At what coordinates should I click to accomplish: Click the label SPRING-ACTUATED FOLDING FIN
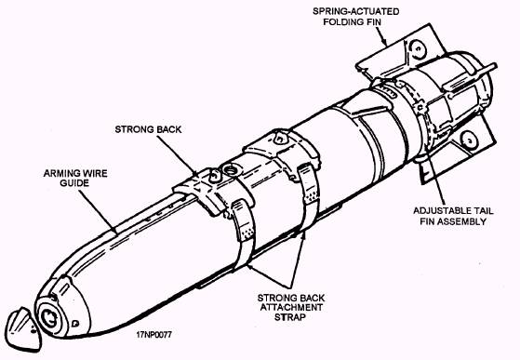[x=356, y=17]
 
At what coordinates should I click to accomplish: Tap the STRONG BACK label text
[x=148, y=129]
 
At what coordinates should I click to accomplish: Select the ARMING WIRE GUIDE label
[x=75, y=178]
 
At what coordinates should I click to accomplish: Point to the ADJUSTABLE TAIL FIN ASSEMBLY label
[x=453, y=216]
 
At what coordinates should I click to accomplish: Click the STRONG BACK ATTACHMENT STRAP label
[x=291, y=307]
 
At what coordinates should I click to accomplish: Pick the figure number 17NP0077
[x=153, y=335]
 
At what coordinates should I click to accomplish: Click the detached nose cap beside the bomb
[x=23, y=329]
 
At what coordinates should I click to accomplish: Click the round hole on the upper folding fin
[x=416, y=48]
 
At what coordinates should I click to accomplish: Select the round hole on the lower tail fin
[x=469, y=139]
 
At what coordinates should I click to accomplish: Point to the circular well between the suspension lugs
[x=230, y=170]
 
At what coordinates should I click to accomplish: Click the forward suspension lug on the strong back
[x=214, y=176]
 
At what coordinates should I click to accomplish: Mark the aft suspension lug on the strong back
[x=281, y=138]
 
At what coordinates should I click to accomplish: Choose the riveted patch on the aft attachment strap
[x=311, y=197]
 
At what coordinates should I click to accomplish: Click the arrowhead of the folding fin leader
[x=385, y=43]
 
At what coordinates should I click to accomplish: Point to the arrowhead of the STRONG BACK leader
[x=194, y=172]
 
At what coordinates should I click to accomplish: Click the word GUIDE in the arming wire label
[x=74, y=183]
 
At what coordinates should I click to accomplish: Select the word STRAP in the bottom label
[x=290, y=317]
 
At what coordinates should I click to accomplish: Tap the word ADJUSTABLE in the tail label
[x=438, y=211]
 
